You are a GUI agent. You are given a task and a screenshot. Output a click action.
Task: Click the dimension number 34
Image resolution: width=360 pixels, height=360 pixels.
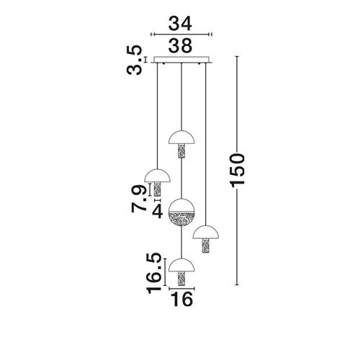180,24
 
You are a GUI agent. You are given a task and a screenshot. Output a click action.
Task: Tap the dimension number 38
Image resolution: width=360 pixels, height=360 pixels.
180,45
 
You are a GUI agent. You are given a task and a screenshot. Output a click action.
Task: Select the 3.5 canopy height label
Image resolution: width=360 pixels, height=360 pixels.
135,60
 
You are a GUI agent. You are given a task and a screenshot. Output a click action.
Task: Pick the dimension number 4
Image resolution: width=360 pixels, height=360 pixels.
158,212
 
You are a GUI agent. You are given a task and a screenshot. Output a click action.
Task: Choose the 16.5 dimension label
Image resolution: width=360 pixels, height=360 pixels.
154,273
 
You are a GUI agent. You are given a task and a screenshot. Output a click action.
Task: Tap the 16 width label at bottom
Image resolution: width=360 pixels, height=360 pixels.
181,299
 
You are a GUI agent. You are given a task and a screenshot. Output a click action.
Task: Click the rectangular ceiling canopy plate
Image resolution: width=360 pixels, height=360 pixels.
181,60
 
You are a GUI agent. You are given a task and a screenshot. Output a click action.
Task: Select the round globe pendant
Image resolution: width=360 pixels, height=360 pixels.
181,212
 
